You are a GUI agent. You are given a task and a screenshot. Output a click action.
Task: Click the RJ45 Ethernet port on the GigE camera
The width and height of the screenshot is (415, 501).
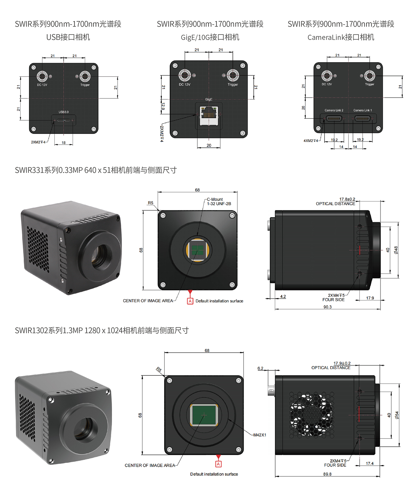[x=209, y=116]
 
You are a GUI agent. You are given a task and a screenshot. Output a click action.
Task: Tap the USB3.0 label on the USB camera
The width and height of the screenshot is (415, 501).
[x=64, y=112]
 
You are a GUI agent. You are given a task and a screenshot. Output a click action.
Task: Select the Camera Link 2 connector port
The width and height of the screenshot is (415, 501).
[x=334, y=119]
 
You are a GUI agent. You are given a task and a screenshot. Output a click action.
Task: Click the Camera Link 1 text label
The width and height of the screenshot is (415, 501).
[x=363, y=110]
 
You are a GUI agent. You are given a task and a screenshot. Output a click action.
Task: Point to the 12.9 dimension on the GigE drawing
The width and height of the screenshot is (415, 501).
[x=163, y=106]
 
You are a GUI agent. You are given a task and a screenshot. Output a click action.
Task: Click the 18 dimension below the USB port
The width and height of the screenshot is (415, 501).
[x=64, y=143]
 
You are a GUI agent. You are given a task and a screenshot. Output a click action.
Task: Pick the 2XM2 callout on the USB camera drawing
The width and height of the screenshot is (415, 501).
[x=38, y=142]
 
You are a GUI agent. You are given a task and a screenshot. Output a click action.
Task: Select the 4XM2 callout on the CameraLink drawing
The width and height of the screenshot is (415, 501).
[x=311, y=141]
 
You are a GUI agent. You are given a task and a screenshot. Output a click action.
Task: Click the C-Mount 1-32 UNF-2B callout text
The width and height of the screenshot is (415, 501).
[x=219, y=201]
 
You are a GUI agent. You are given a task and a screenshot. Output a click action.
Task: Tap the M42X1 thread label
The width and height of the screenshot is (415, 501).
[x=260, y=435]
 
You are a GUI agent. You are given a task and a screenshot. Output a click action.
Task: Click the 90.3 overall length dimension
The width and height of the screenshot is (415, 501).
[x=327, y=307]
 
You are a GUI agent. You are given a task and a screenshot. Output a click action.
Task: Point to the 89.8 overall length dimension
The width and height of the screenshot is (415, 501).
[x=327, y=474]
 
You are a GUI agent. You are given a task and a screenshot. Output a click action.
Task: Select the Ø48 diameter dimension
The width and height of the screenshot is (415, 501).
[x=396, y=250]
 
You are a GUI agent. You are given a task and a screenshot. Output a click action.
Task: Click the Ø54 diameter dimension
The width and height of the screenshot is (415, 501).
[x=397, y=415]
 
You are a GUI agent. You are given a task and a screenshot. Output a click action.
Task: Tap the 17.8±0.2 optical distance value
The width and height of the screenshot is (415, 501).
[x=347, y=199]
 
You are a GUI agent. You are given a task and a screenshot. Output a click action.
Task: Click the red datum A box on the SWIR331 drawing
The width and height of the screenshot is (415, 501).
[x=190, y=301]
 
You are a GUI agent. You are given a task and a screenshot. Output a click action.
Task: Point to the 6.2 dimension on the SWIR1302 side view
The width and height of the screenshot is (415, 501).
[x=260, y=368]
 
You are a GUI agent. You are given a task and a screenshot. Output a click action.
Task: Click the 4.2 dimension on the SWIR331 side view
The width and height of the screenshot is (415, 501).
[x=283, y=296]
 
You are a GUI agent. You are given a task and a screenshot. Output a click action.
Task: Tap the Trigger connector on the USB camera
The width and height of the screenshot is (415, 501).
[x=85, y=76]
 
